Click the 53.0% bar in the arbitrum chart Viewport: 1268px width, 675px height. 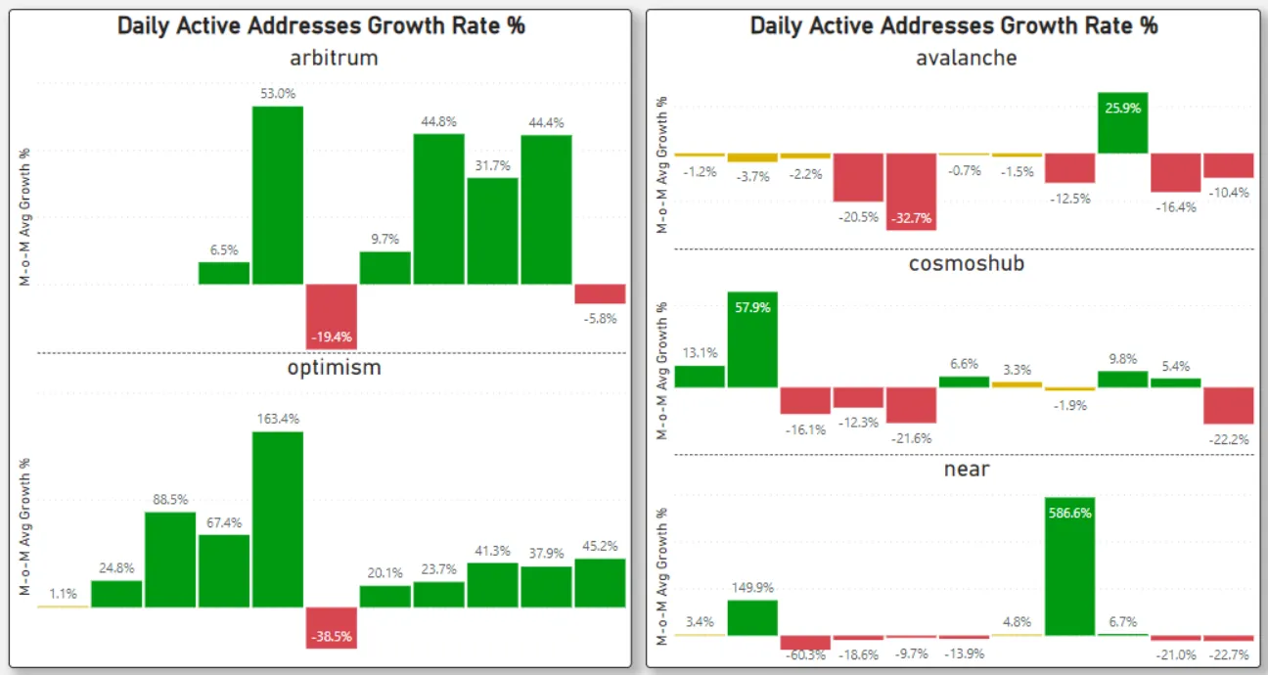click(x=278, y=195)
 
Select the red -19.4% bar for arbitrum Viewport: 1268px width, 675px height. click(x=332, y=316)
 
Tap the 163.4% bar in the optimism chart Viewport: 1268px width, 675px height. click(x=278, y=518)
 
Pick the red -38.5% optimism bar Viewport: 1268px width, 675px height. click(x=332, y=627)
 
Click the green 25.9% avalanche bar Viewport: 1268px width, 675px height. click(x=1122, y=122)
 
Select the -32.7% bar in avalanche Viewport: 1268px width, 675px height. click(x=911, y=192)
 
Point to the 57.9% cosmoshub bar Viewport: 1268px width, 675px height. click(x=751, y=338)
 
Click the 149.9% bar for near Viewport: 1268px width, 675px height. click(x=751, y=617)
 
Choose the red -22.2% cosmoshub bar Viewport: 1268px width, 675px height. click(x=1228, y=405)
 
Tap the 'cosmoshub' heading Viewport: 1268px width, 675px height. click(x=966, y=262)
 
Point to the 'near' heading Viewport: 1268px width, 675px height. click(x=966, y=469)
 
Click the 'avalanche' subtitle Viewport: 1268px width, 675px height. click(x=966, y=58)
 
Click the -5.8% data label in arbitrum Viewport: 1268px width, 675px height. click(x=599, y=318)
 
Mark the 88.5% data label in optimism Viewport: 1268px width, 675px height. click(x=170, y=499)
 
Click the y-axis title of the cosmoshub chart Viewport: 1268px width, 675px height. click(x=662, y=371)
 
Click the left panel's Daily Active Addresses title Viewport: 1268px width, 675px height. click(x=321, y=25)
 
